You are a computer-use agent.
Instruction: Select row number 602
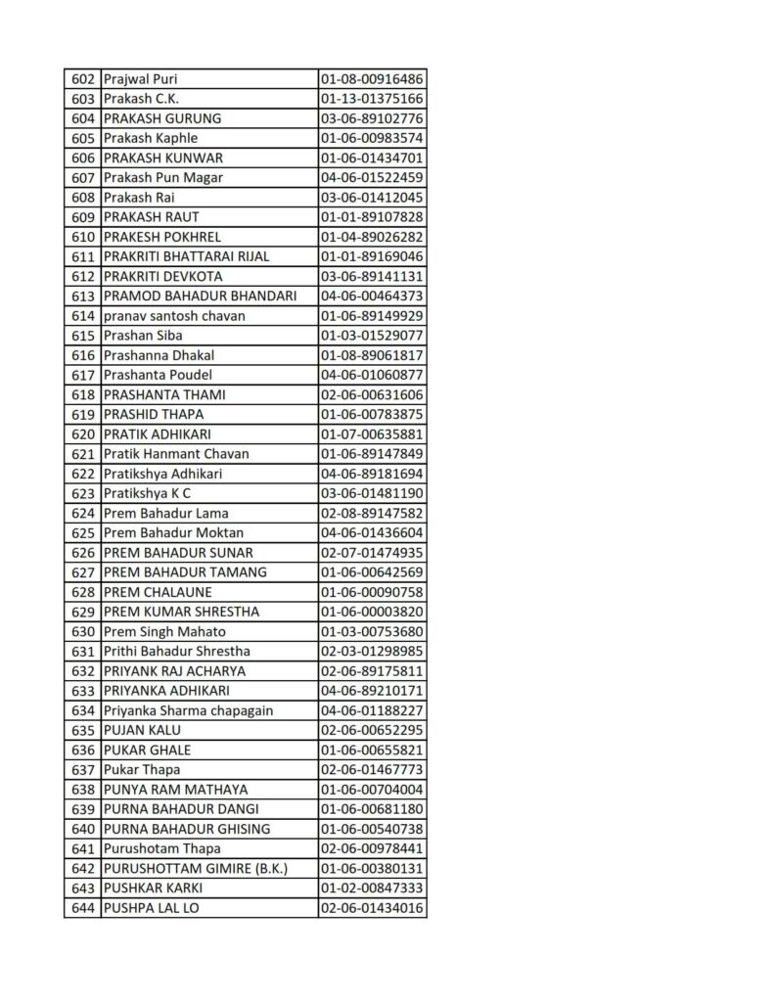pyautogui.click(x=82, y=79)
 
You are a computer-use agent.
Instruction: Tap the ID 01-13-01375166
pyautogui.click(x=371, y=99)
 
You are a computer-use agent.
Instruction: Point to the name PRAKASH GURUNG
pyautogui.click(x=161, y=118)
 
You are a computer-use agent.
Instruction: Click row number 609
pyautogui.click(x=82, y=217)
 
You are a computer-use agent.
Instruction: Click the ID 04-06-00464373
pyautogui.click(x=371, y=296)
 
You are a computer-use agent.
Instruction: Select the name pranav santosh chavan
pyautogui.click(x=173, y=316)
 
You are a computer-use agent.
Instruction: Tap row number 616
pyautogui.click(x=82, y=355)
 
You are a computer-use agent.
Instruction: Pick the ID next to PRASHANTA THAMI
pyautogui.click(x=371, y=394)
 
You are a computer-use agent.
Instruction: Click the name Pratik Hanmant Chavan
pyautogui.click(x=175, y=454)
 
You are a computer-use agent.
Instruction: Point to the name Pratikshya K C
pyautogui.click(x=147, y=493)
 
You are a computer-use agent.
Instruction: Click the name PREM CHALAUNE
pyautogui.click(x=157, y=592)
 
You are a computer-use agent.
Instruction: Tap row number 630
pyautogui.click(x=82, y=631)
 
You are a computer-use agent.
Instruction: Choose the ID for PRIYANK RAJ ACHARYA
pyautogui.click(x=371, y=671)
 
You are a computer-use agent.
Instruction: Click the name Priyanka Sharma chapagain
pyautogui.click(x=187, y=710)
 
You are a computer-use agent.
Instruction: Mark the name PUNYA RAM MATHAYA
pyautogui.click(x=174, y=790)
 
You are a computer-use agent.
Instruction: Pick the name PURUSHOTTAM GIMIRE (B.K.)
pyautogui.click(x=195, y=868)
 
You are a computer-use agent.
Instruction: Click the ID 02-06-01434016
pyautogui.click(x=371, y=908)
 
